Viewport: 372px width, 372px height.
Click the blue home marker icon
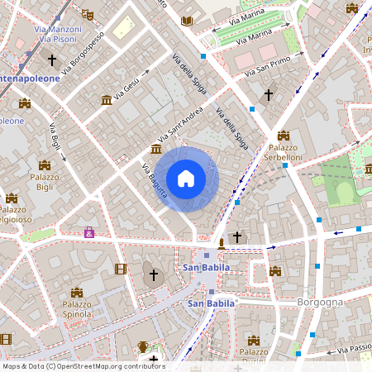(x=186, y=179)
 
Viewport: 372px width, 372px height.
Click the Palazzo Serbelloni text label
(x=284, y=151)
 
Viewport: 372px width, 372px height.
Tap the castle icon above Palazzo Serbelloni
(x=284, y=135)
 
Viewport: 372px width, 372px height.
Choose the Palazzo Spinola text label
(x=76, y=309)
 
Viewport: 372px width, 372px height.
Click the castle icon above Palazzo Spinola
(x=76, y=293)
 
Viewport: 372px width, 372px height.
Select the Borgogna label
(x=319, y=303)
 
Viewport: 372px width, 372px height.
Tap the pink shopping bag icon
(x=88, y=232)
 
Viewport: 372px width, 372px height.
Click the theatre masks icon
(x=88, y=14)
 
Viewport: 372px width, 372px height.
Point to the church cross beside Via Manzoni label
(x=52, y=60)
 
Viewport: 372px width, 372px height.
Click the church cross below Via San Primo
(x=267, y=96)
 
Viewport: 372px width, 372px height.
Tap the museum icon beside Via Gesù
(x=107, y=100)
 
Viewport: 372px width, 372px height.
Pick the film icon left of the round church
(x=121, y=269)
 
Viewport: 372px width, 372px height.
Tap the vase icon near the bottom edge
(x=142, y=346)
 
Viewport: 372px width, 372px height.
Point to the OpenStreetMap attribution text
(x=83, y=366)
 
